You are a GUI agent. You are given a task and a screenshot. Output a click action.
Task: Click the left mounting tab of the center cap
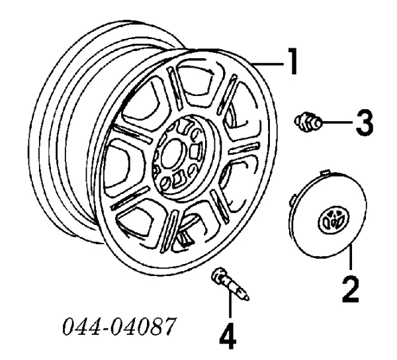[x=292, y=201]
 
